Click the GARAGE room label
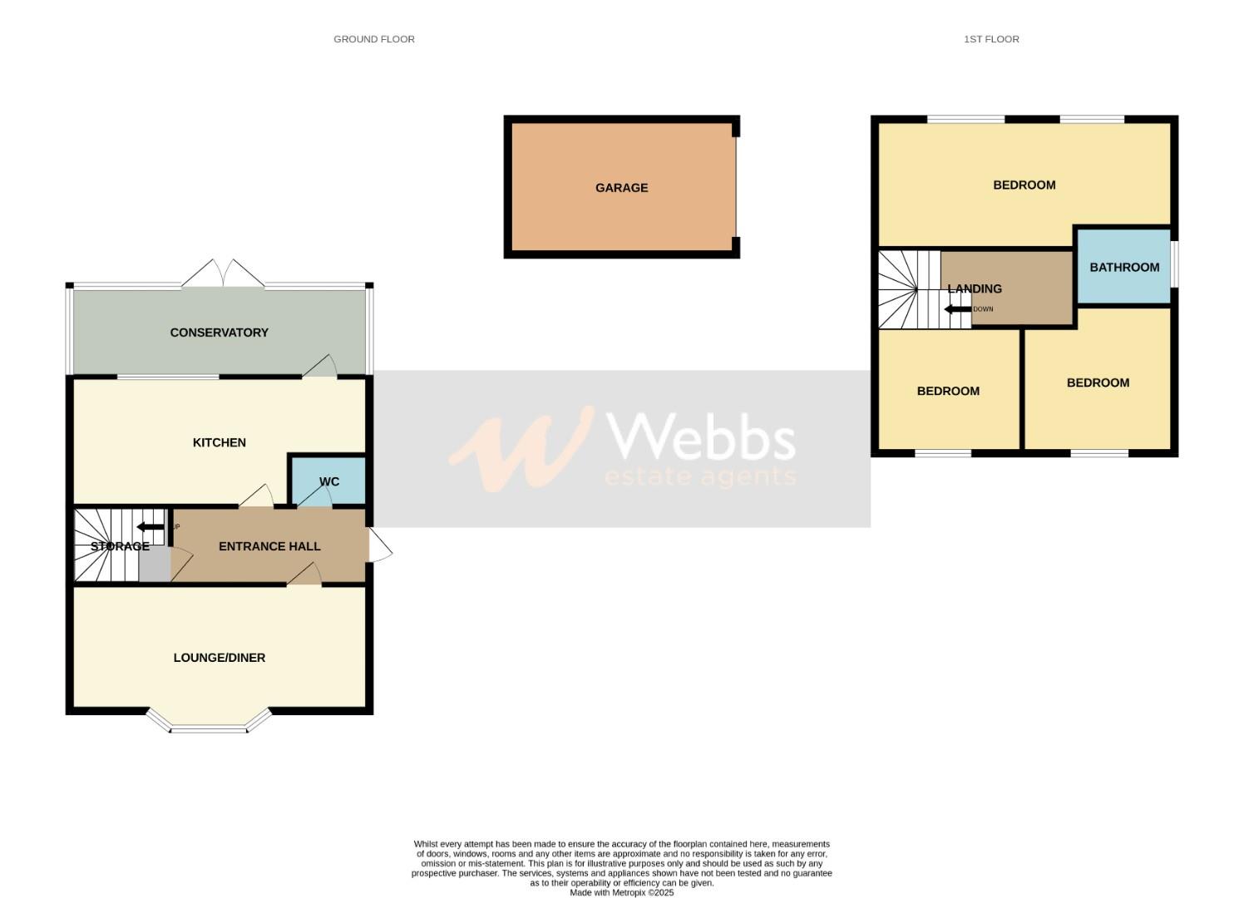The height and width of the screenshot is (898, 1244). coord(621,188)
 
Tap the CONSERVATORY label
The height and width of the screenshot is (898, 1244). coord(219,333)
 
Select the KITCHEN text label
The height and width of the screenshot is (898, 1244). coord(219,442)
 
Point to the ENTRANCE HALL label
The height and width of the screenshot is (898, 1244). coord(269,546)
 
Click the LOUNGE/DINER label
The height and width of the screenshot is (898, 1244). coord(219,658)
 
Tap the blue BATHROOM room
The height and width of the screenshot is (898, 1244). coord(1124,267)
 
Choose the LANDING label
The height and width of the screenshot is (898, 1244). coord(975,289)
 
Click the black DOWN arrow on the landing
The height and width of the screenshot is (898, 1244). coord(957,309)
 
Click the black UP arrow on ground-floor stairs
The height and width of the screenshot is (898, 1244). coord(151,526)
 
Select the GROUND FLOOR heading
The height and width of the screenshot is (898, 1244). coord(373,39)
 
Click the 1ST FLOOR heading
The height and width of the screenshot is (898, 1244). coord(991,39)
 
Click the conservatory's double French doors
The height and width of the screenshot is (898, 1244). coord(223,275)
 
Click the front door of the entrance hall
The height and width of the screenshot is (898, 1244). coord(380,547)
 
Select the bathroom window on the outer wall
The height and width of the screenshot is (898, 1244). coord(1175,264)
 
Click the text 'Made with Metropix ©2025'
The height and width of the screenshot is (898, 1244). coord(621,892)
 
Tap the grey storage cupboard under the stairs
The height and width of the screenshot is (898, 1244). coord(154,565)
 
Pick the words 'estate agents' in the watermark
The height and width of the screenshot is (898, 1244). coord(700,476)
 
